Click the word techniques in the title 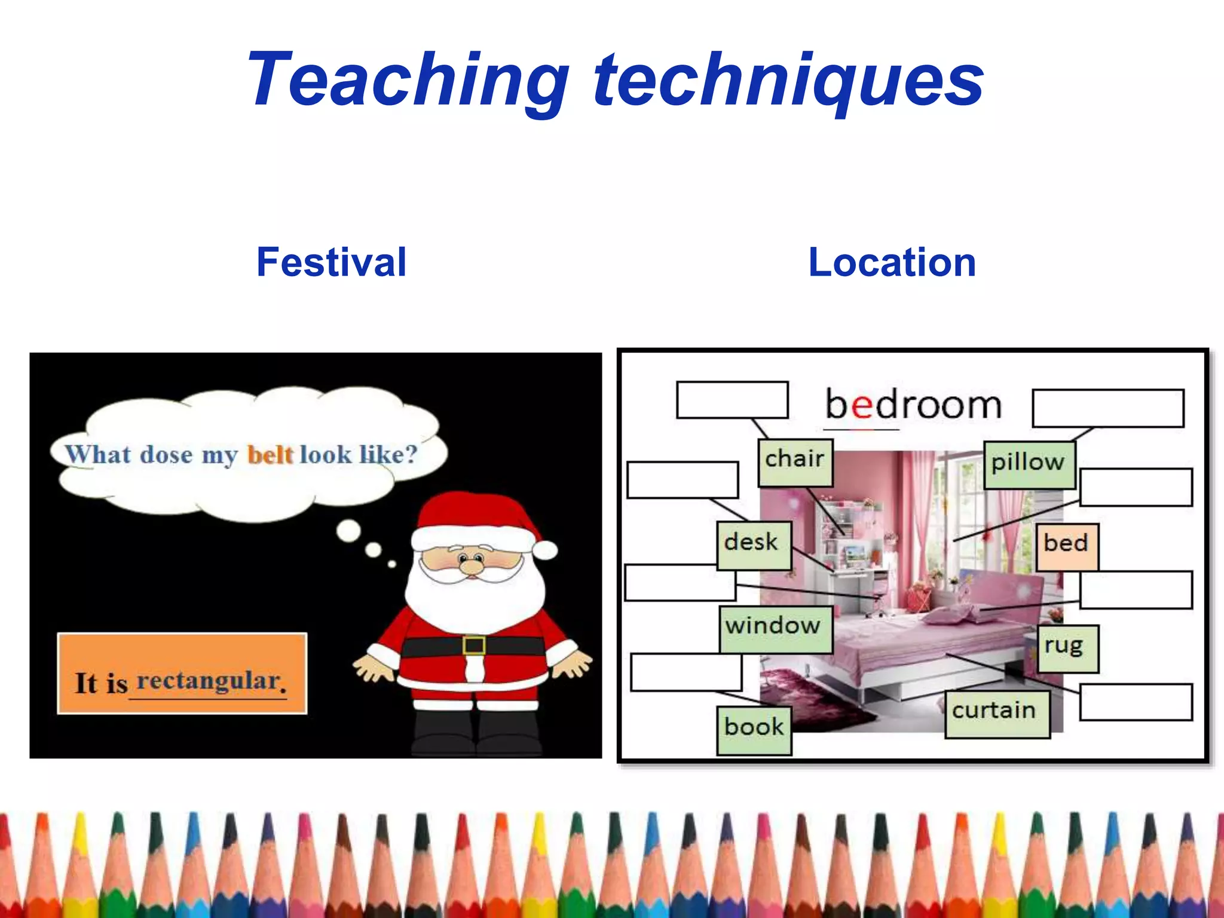(789, 81)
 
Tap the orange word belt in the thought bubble (270, 455)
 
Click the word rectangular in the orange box (209, 681)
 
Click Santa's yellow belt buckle (474, 645)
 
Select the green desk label (754, 544)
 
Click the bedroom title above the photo (913, 405)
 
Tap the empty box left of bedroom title (732, 400)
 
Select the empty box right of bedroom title (1107, 408)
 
